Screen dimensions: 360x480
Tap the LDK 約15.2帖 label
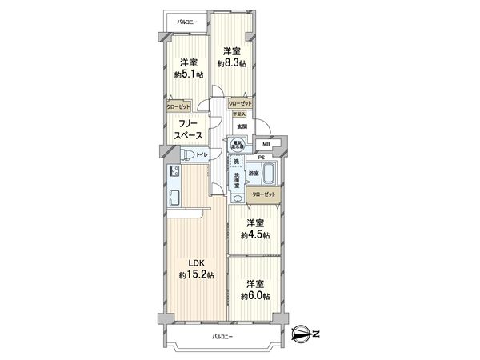pos(192,270)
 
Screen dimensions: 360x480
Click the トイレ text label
pos(201,154)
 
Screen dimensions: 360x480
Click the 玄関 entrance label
pos(242,126)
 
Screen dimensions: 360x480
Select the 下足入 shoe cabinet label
pos(240,114)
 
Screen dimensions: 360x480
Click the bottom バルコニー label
pos(222,337)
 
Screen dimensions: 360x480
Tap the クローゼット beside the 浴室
pos(264,194)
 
